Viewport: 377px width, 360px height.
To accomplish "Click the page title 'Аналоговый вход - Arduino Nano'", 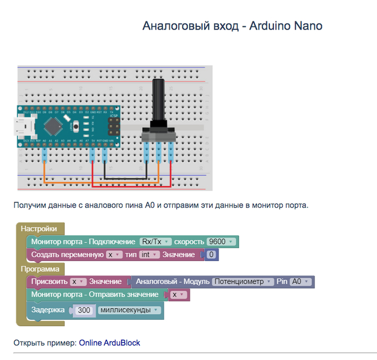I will coord(232,26).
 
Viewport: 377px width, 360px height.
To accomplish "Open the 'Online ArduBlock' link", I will coord(109,342).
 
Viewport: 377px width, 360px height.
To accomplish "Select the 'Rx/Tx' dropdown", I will coord(155,242).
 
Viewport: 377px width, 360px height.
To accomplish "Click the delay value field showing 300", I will coord(84,310).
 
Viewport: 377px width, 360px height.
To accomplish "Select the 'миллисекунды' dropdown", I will coord(130,310).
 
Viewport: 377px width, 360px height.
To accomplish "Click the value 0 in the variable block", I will coord(212,255).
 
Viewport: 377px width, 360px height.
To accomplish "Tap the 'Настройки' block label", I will coord(39,229).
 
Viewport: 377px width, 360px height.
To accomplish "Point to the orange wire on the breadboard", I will coord(97,183).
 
